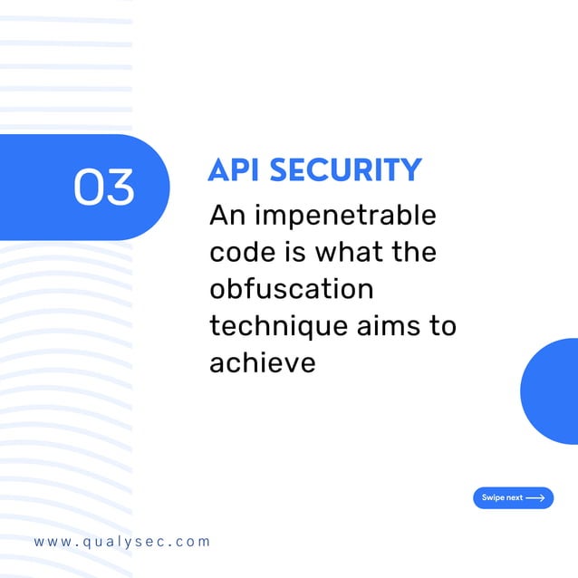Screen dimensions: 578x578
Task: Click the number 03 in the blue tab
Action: click(x=104, y=187)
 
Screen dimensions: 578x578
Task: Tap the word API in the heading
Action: click(x=234, y=170)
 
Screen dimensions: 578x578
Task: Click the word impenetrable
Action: click(x=345, y=217)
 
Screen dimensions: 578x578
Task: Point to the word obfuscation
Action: click(x=292, y=290)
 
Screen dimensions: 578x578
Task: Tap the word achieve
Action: click(x=262, y=362)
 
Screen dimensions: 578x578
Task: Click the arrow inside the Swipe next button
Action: click(x=535, y=498)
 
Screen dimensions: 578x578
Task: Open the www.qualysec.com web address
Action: click(x=122, y=542)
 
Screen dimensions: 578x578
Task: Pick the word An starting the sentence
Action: click(x=226, y=217)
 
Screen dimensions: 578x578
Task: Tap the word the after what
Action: click(x=413, y=253)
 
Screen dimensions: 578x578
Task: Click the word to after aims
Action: click(x=442, y=326)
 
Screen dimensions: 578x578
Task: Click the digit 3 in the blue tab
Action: click(x=120, y=187)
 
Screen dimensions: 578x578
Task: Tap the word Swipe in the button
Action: click(x=493, y=498)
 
